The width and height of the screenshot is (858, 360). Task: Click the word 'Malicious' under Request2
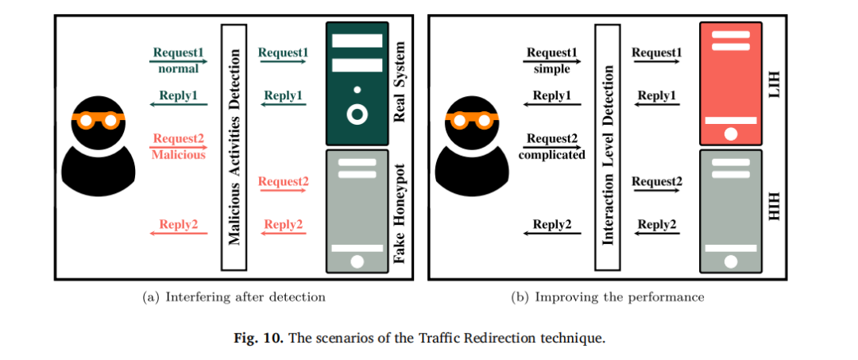pos(178,155)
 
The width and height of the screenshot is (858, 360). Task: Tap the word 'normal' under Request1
pos(178,69)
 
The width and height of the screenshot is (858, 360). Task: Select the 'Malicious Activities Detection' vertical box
pos(235,146)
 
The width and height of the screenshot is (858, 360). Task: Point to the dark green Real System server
pos(357,83)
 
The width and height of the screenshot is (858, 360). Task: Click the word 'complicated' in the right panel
pos(551,155)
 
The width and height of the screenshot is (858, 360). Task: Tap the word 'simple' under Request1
pos(551,69)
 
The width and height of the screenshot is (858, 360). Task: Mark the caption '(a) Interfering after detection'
pos(233,297)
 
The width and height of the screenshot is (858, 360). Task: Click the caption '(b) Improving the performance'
pos(607,297)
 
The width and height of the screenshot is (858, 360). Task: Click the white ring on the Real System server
pos(357,114)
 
